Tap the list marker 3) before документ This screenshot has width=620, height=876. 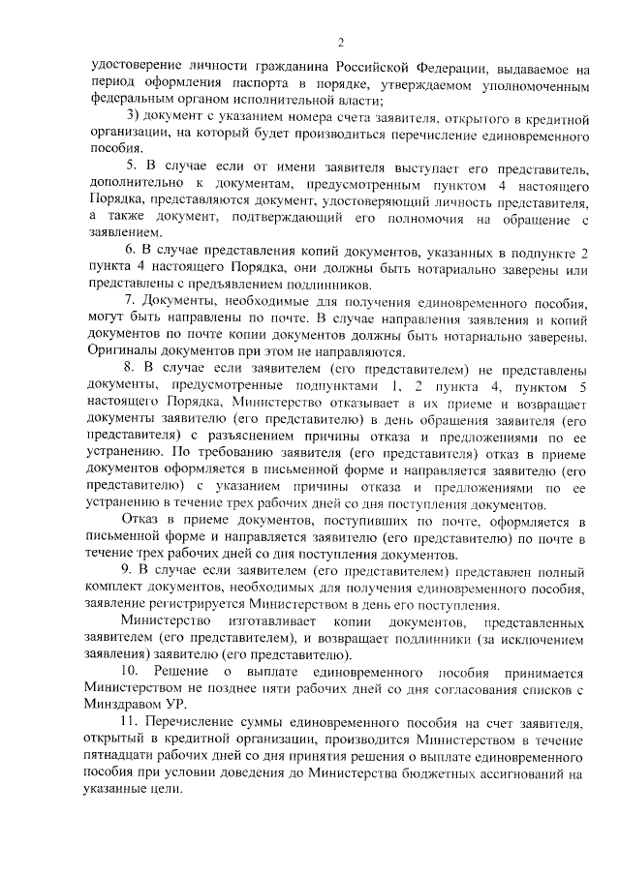pos(134,118)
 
